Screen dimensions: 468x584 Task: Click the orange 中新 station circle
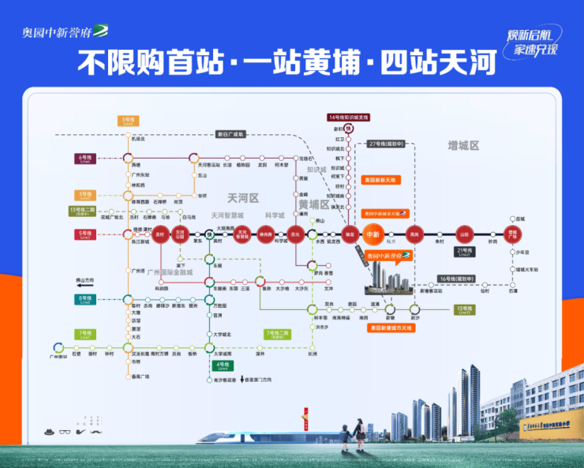pyautogui.click(x=372, y=234)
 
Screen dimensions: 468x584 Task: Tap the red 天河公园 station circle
pyautogui.click(x=179, y=234)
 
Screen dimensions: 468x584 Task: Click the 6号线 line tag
pyautogui.click(x=84, y=159)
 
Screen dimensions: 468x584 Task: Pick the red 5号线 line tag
pyautogui.click(x=84, y=234)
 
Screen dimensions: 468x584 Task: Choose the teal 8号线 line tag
pyautogui.click(x=84, y=300)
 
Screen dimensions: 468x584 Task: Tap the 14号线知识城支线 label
pyautogui.click(x=348, y=118)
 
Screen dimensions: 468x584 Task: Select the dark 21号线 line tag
pyautogui.click(x=464, y=252)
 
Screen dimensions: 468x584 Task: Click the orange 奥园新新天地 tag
pyautogui.click(x=379, y=180)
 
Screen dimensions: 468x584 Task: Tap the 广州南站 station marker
pyautogui.click(x=57, y=347)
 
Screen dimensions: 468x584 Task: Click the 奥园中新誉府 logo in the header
pyautogui.click(x=67, y=31)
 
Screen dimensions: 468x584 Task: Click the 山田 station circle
pyautogui.click(x=464, y=234)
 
